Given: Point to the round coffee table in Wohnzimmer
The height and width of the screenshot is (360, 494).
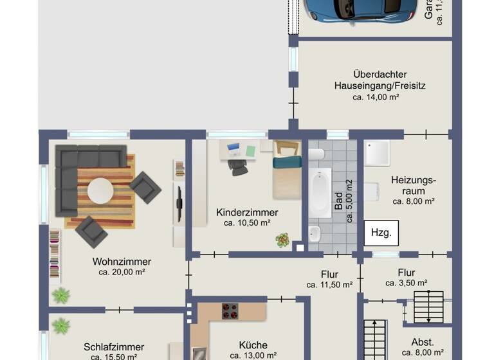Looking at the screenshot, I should tap(101, 190).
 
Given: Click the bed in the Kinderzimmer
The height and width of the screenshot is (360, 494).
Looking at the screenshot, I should tap(286, 170).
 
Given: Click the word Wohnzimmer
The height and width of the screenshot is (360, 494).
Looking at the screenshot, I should tap(122, 262).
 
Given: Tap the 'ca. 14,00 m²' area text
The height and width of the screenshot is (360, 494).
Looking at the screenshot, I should tap(376, 97).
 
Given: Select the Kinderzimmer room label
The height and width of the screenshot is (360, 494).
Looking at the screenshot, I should tap(247, 212).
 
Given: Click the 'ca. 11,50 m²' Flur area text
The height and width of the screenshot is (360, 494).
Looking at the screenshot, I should tap(329, 284).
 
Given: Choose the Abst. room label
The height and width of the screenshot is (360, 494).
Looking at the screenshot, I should tap(423, 342).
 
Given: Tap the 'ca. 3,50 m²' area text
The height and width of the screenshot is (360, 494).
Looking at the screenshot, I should tap(407, 283).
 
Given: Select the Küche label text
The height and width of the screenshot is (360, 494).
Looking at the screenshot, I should tap(252, 345).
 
